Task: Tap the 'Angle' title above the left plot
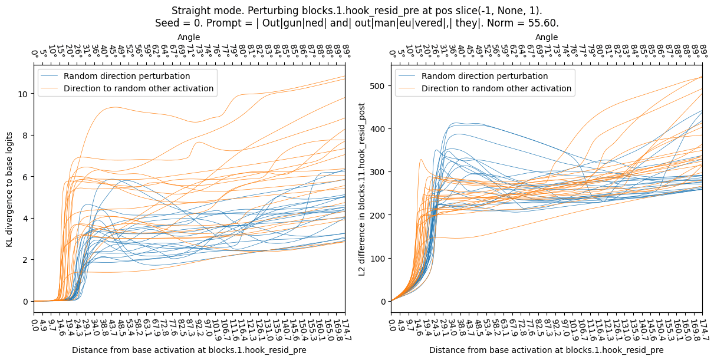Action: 189,38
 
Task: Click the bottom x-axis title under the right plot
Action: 547,350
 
